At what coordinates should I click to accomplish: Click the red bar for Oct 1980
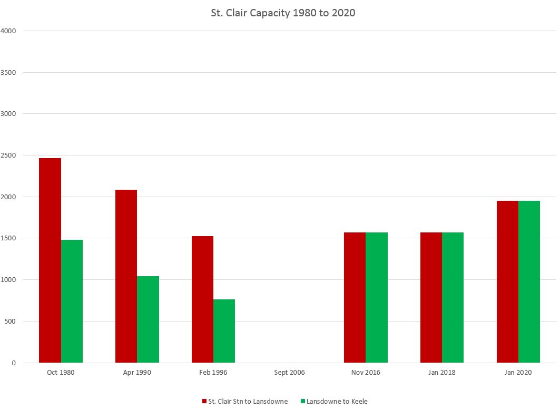tap(50, 260)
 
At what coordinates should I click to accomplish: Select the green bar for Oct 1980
tap(72, 301)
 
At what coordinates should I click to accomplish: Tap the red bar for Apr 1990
tap(126, 276)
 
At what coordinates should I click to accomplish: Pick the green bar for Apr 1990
tap(148, 319)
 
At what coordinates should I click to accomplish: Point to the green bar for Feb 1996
tap(224, 331)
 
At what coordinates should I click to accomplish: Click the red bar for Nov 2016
tap(355, 297)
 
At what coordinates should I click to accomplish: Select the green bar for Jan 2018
tap(453, 297)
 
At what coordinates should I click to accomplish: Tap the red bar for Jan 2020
tap(507, 281)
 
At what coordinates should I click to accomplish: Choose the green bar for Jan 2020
tap(529, 281)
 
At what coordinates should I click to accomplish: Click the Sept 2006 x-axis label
tap(289, 373)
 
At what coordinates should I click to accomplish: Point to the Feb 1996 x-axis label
tap(213, 373)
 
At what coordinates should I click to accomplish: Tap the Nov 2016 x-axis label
tap(366, 373)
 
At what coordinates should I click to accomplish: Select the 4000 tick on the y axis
tap(9, 31)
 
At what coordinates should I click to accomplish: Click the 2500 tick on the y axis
tap(9, 155)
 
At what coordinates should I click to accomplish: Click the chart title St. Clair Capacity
tap(283, 13)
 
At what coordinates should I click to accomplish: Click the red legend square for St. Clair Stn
tap(204, 402)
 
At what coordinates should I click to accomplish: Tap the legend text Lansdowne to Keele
tap(337, 402)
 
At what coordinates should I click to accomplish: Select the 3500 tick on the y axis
tap(9, 73)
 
